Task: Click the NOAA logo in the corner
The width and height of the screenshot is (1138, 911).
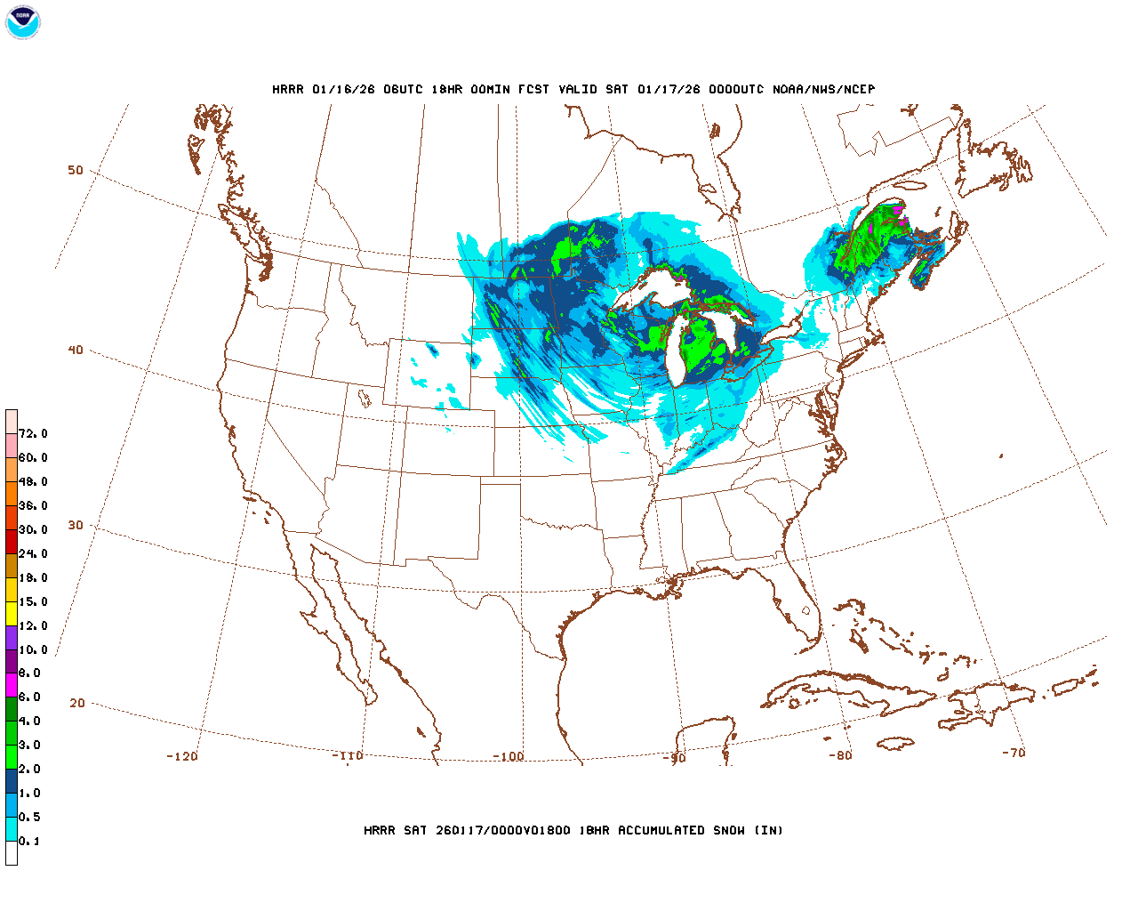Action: tap(23, 22)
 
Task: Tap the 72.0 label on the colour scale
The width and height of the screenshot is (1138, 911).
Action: tap(33, 433)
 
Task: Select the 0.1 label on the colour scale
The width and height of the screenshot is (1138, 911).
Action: tap(29, 841)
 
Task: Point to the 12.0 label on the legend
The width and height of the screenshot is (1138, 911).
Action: tap(33, 625)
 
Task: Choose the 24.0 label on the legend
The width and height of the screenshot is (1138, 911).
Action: tap(33, 553)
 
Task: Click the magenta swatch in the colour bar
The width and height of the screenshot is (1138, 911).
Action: tap(12, 685)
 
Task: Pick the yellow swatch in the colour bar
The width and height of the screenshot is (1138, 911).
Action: tap(12, 613)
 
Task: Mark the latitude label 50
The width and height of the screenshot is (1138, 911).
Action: tap(76, 170)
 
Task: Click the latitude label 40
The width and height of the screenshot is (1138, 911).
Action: tap(76, 350)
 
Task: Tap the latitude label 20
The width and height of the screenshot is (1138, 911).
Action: tap(77, 703)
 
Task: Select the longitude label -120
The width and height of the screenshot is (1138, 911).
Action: tap(182, 756)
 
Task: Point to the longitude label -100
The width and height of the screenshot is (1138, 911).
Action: tap(509, 756)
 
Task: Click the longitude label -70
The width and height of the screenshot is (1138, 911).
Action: tap(1014, 752)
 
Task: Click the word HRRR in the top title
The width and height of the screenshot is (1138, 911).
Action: tap(288, 89)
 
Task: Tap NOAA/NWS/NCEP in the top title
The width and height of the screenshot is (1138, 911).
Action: tap(824, 89)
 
